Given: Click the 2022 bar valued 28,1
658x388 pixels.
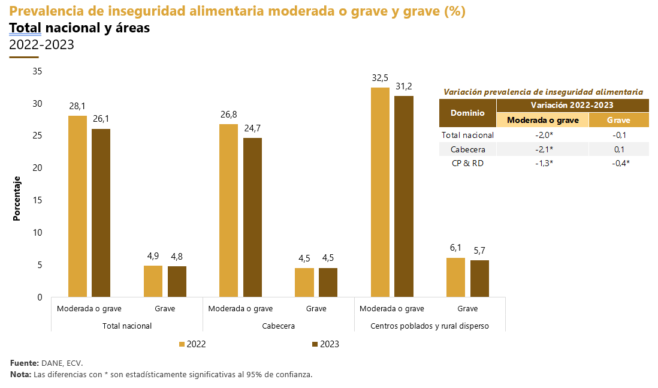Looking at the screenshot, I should tap(77, 206).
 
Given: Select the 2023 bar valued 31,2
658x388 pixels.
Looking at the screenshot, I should tap(403, 196).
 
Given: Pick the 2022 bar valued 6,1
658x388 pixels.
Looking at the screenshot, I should tap(455, 277).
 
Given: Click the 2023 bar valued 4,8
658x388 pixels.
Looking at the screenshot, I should tap(177, 281).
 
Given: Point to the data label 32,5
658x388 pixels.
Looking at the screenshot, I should tap(380, 78).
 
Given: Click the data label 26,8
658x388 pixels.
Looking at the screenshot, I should tap(229, 115).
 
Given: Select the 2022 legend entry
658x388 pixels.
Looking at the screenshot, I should tap(192, 344).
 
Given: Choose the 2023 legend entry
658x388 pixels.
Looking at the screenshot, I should tap(325, 344).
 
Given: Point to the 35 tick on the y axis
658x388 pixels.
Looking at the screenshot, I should tap(37, 71).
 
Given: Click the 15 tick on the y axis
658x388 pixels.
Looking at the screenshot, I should tap(37, 200).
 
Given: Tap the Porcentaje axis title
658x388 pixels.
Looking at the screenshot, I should tap(17, 198).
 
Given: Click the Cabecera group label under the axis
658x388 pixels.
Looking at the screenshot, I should tap(278, 326).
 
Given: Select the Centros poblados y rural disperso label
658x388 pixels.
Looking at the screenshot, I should tap(430, 326).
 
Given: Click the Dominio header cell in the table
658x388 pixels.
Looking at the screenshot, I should tap(468, 113).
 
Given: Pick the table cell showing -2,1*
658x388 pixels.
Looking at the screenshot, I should tap(543, 149).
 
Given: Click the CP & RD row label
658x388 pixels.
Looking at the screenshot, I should tap(468, 163).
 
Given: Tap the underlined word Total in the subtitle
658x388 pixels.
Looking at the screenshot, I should tap(25, 28).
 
